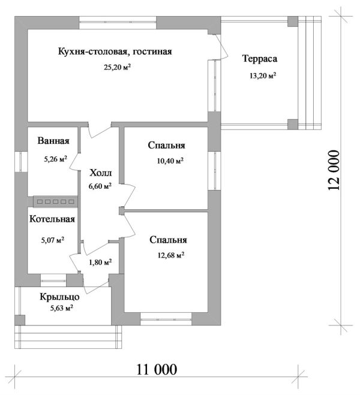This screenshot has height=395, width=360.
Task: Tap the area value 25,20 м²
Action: click(x=117, y=67)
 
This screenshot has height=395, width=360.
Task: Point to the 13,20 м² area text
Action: click(x=262, y=76)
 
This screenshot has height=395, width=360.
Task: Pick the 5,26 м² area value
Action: click(x=55, y=159)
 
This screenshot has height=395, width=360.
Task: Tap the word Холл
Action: click(x=100, y=171)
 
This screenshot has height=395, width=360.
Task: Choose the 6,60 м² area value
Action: click(x=100, y=186)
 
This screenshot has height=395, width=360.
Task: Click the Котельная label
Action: click(x=52, y=219)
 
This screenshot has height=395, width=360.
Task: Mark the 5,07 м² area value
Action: click(x=52, y=240)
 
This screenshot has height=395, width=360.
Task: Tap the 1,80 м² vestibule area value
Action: click(x=100, y=262)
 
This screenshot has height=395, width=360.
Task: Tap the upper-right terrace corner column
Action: click(x=292, y=22)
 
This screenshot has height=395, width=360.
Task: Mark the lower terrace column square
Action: click(x=292, y=124)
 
